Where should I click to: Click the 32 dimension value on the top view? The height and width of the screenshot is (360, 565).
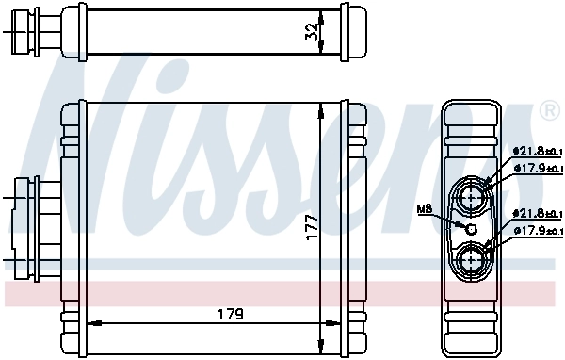[312, 32]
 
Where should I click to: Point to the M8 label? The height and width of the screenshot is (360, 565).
[426, 209]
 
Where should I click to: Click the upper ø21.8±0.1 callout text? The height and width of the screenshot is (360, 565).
[538, 151]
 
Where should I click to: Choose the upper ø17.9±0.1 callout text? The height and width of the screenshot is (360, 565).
[538, 167]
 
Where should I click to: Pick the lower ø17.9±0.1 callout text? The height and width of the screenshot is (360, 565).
[538, 231]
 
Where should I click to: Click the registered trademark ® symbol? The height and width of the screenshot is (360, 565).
[549, 112]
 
